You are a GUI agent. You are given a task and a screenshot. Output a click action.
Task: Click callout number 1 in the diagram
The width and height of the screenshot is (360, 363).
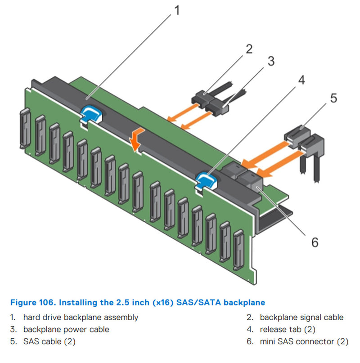click(x=176, y=9)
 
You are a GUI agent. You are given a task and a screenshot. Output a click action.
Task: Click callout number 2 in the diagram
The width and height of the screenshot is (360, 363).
click(x=249, y=48)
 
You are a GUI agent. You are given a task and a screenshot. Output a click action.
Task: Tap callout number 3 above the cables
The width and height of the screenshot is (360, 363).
click(x=270, y=61)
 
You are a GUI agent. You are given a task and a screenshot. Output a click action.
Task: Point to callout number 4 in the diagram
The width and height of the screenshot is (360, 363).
click(x=301, y=80)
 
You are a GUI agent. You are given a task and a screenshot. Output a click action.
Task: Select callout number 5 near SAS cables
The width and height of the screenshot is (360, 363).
click(x=333, y=98)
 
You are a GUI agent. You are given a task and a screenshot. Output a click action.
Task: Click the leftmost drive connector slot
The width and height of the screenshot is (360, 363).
click(x=23, y=130)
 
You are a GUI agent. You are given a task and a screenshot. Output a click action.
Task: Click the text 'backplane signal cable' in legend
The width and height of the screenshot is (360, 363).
click(x=301, y=317)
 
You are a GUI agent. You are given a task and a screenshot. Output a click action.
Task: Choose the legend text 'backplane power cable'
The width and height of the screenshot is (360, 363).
click(x=66, y=329)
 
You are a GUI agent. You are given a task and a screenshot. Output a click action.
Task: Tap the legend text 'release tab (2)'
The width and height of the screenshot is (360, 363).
click(x=288, y=329)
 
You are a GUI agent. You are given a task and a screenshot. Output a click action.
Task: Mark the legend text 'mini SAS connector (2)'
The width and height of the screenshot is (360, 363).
click(x=304, y=341)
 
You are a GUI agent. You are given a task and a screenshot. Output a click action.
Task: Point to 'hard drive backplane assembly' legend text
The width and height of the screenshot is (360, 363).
click(x=81, y=317)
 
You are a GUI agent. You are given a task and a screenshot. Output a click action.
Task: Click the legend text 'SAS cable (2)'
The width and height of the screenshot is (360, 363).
click(x=49, y=341)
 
